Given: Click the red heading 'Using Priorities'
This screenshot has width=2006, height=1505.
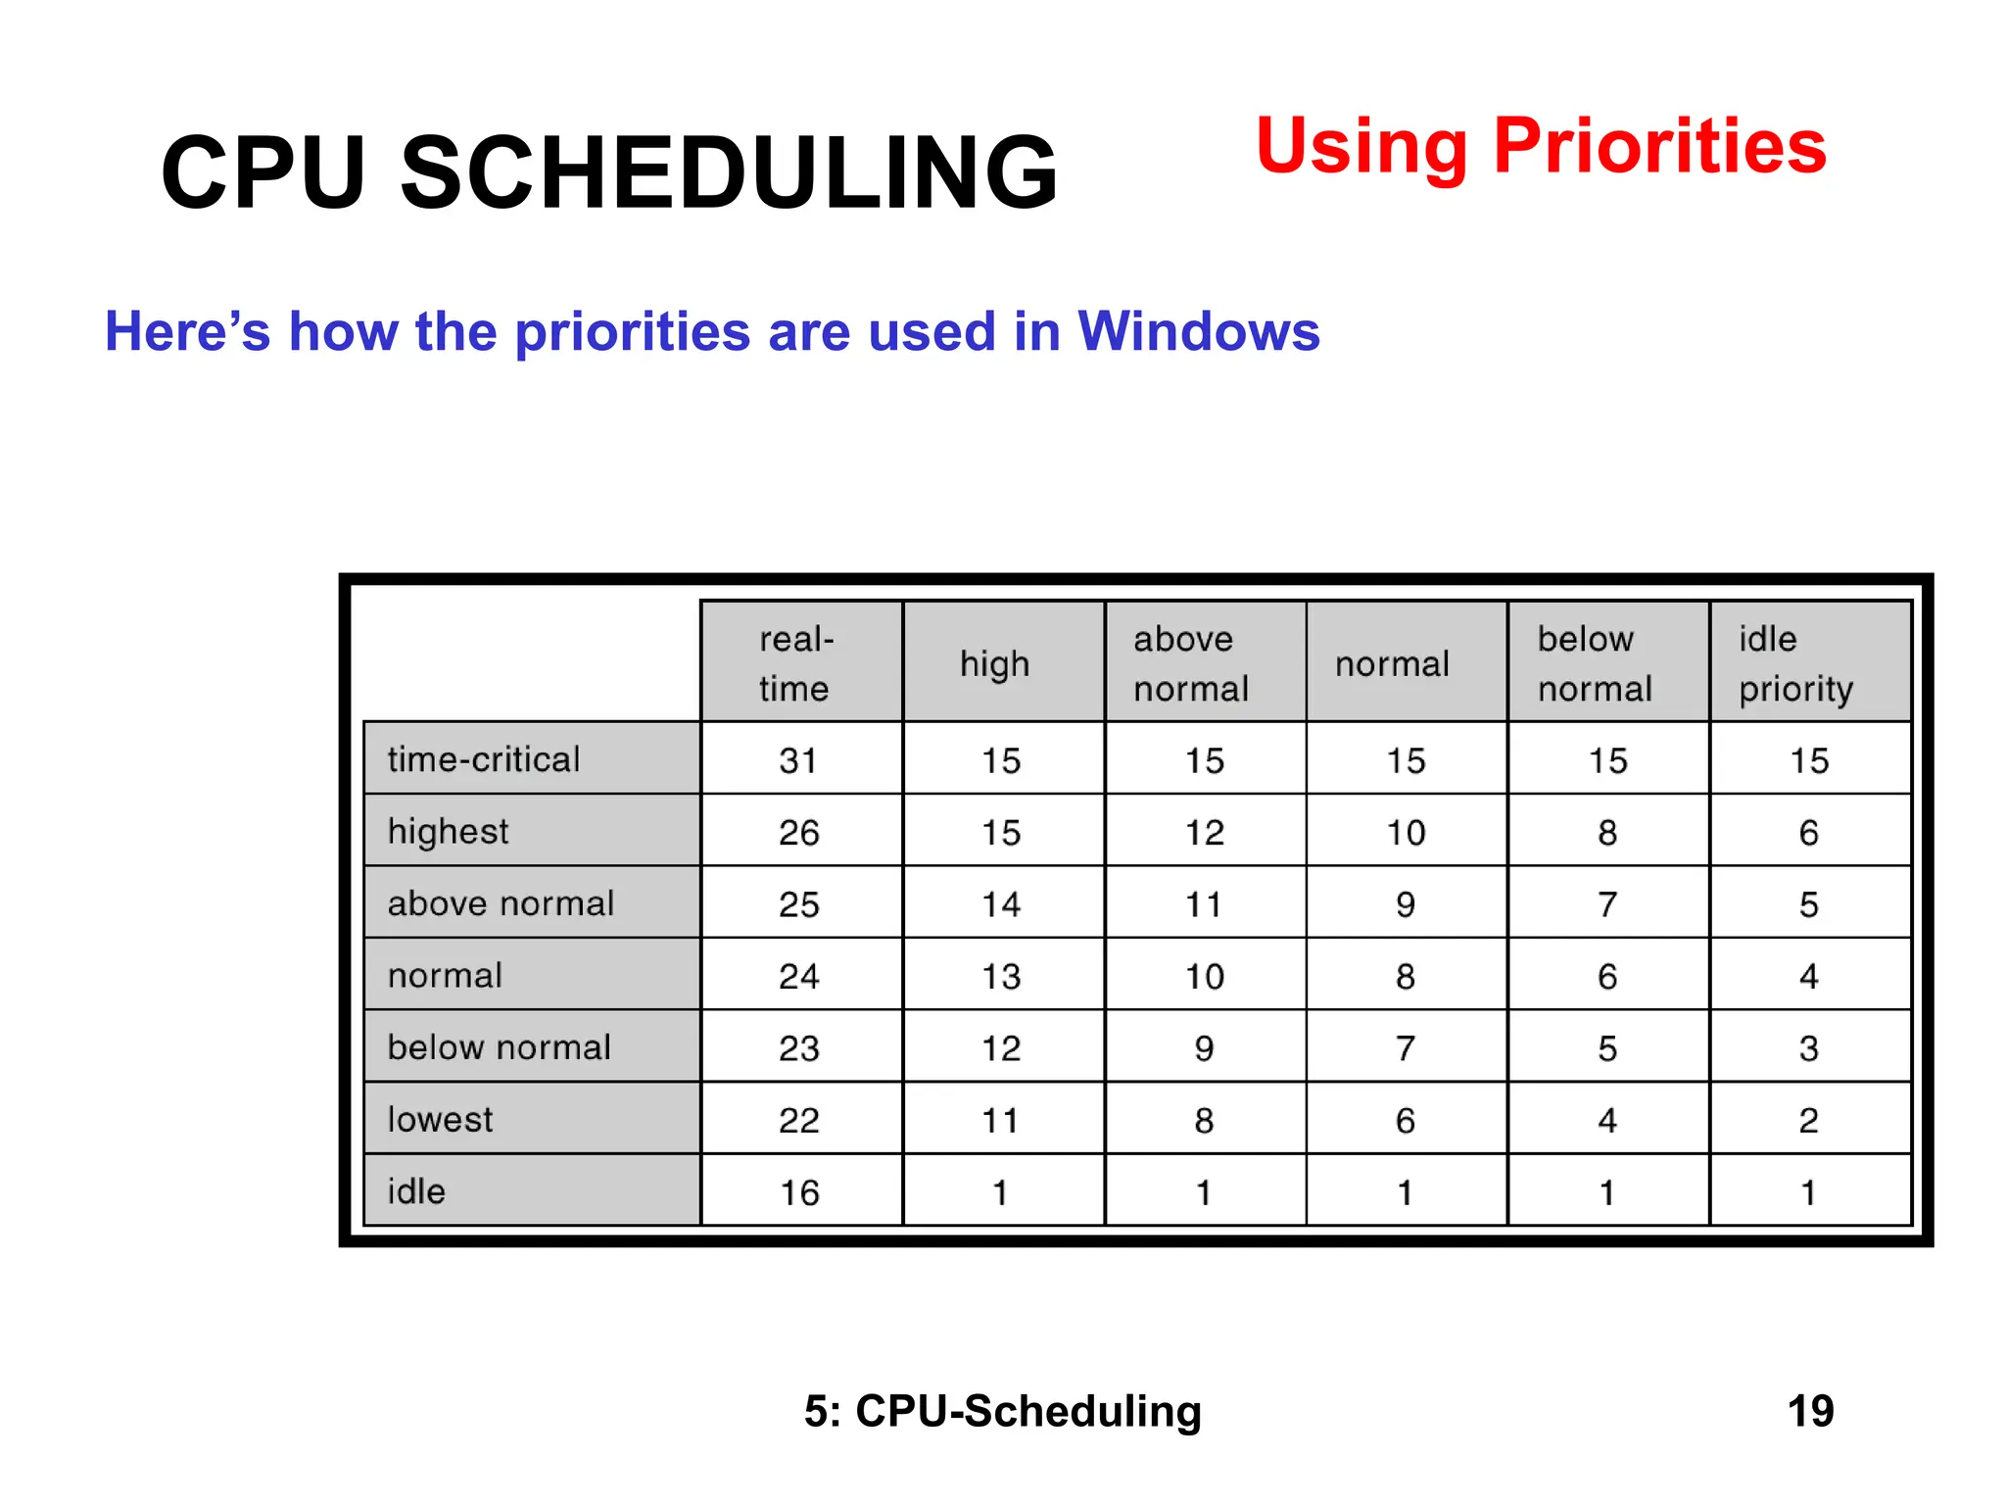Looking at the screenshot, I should click(x=1540, y=147).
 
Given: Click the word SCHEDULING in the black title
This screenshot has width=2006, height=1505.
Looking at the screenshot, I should click(x=730, y=173).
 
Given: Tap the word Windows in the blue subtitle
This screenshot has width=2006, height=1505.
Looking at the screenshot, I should click(x=1198, y=331).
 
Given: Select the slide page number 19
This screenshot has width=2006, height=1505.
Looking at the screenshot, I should click(x=1809, y=1411).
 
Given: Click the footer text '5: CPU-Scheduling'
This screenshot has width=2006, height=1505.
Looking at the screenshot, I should click(x=1002, y=1411).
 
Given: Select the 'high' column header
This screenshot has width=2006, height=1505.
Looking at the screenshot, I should click(x=994, y=664).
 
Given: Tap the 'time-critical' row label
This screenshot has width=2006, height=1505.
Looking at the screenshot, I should click(x=484, y=759).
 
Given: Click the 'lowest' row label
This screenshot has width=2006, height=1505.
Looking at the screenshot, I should click(x=440, y=1119).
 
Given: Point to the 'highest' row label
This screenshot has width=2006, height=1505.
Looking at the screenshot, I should click(x=448, y=831).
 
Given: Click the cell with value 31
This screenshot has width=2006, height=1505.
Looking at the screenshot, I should click(x=798, y=760).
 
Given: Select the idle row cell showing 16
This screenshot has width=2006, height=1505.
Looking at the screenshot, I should click(x=799, y=1191).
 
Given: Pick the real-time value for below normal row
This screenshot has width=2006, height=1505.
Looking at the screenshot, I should click(x=799, y=1047).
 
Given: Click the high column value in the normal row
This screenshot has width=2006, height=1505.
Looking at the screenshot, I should click(x=1001, y=976).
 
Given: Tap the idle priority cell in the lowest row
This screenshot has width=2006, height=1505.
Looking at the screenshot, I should click(x=1808, y=1120).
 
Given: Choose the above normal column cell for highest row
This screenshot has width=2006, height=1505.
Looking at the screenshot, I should click(x=1204, y=832).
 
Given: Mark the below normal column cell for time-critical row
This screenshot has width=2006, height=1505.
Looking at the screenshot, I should click(x=1607, y=760).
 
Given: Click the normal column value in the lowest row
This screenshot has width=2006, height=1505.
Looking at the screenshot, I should click(x=1406, y=1120).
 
